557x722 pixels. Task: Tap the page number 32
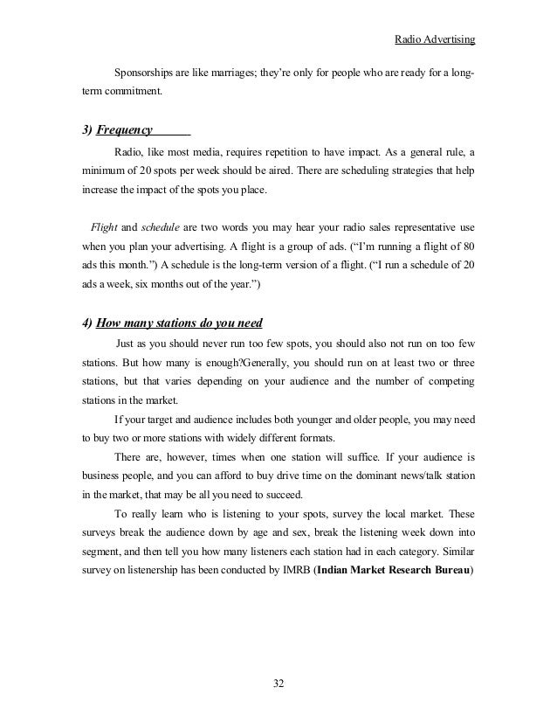pyautogui.click(x=278, y=682)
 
